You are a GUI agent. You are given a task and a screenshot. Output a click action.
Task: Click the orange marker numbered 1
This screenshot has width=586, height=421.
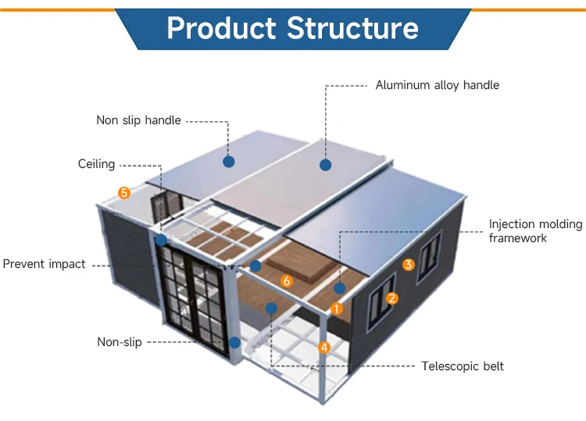(x=336, y=309)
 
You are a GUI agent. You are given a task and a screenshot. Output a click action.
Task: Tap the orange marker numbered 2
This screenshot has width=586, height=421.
(x=391, y=298)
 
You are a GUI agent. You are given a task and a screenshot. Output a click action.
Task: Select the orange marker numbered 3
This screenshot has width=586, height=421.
(x=409, y=265)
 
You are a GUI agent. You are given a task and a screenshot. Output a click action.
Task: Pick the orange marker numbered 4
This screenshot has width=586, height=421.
(x=324, y=348)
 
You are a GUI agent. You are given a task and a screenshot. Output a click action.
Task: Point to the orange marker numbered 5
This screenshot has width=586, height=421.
(x=124, y=193)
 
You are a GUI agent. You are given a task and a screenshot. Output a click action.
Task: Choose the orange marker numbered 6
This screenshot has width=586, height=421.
(x=287, y=281)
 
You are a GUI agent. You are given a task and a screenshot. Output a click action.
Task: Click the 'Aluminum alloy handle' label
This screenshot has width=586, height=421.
(x=438, y=85)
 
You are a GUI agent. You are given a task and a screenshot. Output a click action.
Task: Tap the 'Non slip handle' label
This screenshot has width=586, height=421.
(x=138, y=120)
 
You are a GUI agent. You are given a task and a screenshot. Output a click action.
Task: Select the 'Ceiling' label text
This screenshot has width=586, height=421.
(x=96, y=164)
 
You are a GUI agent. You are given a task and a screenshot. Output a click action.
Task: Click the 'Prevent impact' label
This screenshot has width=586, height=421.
(x=44, y=264)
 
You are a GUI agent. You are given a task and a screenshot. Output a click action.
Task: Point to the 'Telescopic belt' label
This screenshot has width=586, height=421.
(x=463, y=366)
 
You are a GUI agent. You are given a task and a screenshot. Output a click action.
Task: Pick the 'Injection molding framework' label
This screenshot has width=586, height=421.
(x=535, y=231)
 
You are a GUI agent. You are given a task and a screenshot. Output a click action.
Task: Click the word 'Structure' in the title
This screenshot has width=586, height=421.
(x=353, y=28)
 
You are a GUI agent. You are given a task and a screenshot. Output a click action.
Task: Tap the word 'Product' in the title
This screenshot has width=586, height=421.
(x=221, y=28)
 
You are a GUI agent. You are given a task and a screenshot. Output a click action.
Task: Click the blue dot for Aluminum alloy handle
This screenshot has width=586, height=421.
(x=326, y=165)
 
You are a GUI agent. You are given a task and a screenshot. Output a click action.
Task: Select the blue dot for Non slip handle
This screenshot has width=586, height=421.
(x=229, y=162)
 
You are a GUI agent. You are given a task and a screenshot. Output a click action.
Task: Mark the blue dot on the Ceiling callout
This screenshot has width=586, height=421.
(x=162, y=241)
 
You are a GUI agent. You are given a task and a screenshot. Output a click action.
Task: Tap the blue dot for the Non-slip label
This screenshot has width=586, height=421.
(x=234, y=342)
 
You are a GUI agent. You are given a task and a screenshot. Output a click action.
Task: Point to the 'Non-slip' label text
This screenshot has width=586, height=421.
(x=120, y=342)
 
